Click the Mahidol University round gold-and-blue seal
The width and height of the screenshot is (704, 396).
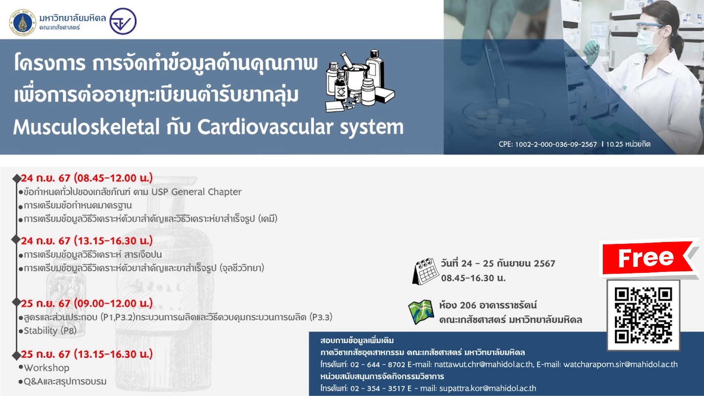tap(22, 22)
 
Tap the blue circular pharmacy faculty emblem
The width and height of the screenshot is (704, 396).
tap(123, 21)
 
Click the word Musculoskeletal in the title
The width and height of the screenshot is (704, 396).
tap(86, 127)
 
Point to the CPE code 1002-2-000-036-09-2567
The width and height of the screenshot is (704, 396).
tap(556, 144)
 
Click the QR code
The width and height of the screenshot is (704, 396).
tap(643, 315)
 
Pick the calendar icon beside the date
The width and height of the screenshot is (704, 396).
tap(425, 271)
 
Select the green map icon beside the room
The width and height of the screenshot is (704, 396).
tap(421, 312)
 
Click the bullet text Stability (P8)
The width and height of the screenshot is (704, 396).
tap(50, 330)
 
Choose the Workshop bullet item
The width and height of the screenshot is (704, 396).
tap(46, 368)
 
